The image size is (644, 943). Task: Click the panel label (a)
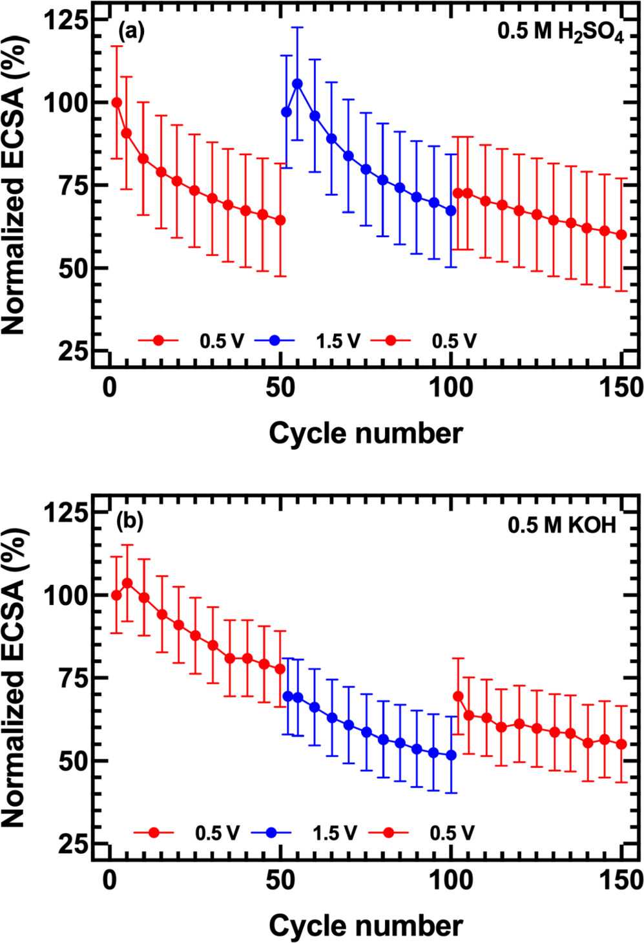click(x=130, y=31)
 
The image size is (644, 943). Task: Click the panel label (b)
click(x=130, y=522)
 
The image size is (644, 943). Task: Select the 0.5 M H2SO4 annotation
click(x=560, y=32)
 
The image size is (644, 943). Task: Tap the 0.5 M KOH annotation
click(x=562, y=525)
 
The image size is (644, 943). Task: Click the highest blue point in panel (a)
click(x=297, y=84)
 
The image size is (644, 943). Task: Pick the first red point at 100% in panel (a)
click(x=117, y=103)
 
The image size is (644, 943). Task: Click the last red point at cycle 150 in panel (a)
click(x=621, y=235)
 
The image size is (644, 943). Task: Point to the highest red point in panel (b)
click(x=127, y=583)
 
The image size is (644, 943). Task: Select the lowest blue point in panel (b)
click(x=451, y=755)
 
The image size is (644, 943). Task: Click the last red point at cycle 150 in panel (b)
click(x=621, y=745)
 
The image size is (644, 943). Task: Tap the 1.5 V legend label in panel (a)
click(x=337, y=341)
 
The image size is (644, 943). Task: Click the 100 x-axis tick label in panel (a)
click(x=451, y=388)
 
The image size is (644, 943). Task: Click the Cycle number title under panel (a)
click(x=366, y=434)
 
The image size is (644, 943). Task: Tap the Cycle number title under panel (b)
click(x=366, y=926)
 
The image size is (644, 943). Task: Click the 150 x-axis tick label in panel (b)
click(x=620, y=880)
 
